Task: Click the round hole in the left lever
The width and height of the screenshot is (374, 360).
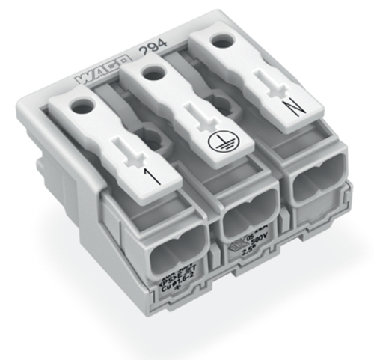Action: [x=80, y=106]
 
